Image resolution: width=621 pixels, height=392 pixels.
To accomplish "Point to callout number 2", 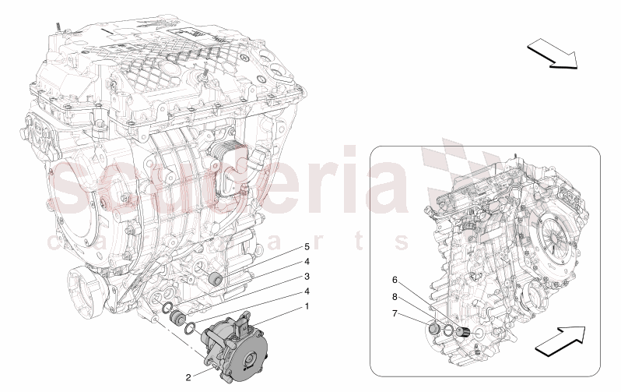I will [188, 377].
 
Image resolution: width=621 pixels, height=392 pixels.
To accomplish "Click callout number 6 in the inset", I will [395, 280].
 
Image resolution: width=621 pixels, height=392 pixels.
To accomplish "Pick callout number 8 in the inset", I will [395, 296].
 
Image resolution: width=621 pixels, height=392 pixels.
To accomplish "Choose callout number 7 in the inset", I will [395, 313].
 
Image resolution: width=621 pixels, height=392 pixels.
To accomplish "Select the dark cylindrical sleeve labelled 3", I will [177, 316].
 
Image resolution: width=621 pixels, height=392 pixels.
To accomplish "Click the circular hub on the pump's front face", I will [250, 363].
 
